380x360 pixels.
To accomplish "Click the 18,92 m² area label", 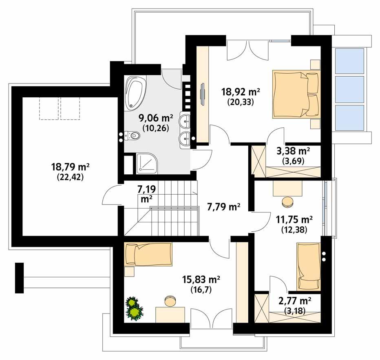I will point(241,95).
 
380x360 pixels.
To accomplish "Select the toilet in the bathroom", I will point(133,136).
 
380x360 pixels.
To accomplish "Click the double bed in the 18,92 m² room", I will point(296,94).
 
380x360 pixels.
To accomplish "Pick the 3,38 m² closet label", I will point(293,155).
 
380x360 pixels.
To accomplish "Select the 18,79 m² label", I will point(70,171).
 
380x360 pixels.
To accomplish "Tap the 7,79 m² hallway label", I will point(223,207).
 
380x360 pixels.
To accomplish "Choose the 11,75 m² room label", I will point(294,224).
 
